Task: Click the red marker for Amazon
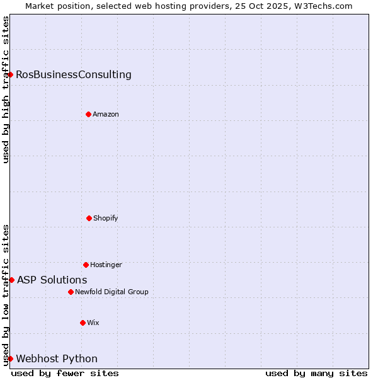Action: pyautogui.click(x=88, y=114)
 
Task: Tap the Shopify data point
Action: pyautogui.click(x=89, y=218)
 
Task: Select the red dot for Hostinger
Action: pyautogui.click(x=86, y=265)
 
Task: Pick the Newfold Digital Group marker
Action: pyautogui.click(x=71, y=292)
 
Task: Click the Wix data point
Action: pyautogui.click(x=83, y=323)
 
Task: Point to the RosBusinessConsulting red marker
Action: pyautogui.click(x=10, y=74)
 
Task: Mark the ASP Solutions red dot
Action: pyautogui.click(x=11, y=280)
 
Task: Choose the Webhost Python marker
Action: pyautogui.click(x=10, y=358)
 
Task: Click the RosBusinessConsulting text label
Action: pyautogui.click(x=74, y=75)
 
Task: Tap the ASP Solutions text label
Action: pyautogui.click(x=52, y=280)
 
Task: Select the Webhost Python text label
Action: pyautogui.click(x=57, y=359)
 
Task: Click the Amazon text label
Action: pyautogui.click(x=106, y=115)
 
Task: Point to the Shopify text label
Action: pyautogui.click(x=106, y=219)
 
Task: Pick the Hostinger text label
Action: pyautogui.click(x=106, y=265)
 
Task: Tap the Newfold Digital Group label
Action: pyautogui.click(x=112, y=292)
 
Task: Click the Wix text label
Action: pyautogui.click(x=93, y=323)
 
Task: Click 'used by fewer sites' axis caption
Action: pyautogui.click(x=65, y=373)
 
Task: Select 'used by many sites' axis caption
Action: pyautogui.click(x=316, y=373)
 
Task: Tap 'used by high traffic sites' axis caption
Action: pyautogui.click(x=6, y=89)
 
